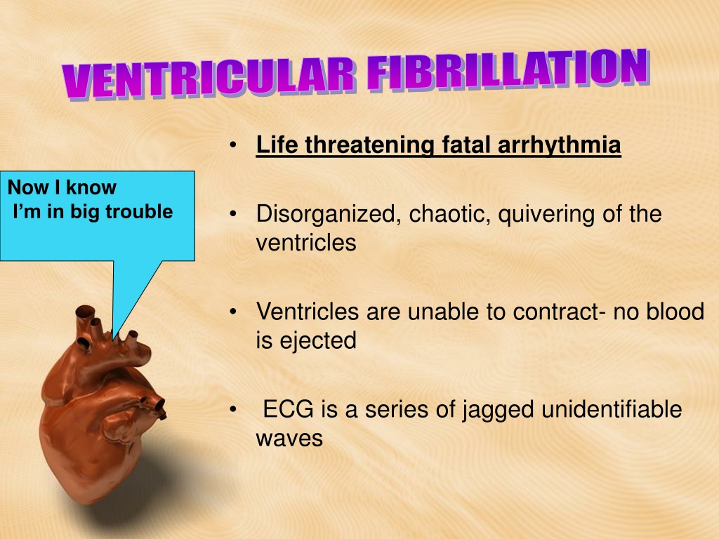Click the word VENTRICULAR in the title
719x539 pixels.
click(x=209, y=79)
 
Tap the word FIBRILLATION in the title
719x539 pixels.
click(x=508, y=69)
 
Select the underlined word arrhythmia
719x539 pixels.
click(x=559, y=145)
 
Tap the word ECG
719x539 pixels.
click(x=288, y=409)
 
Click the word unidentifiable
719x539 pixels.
click(x=612, y=409)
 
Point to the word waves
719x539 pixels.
click(x=289, y=439)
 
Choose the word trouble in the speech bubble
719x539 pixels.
click(x=139, y=212)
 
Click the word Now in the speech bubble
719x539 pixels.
click(x=28, y=187)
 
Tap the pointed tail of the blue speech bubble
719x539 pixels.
click(x=114, y=339)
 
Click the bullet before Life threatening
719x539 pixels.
click(x=233, y=145)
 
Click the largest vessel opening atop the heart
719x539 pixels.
click(x=85, y=312)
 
